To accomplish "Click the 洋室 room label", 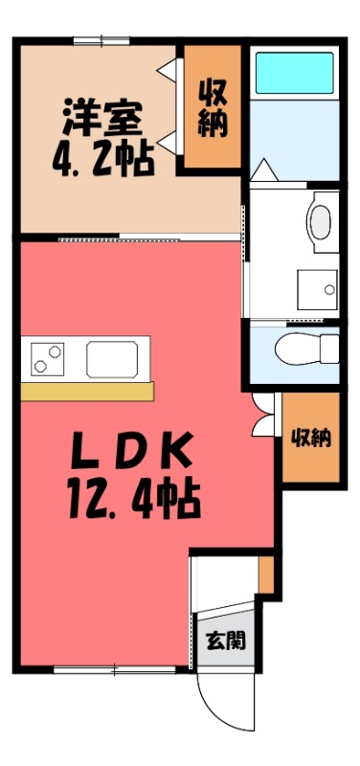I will point(103,117).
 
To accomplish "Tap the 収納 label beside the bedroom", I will point(212,106).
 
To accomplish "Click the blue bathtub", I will point(295,71).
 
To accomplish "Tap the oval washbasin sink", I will point(320,218).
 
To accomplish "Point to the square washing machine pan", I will point(315,285).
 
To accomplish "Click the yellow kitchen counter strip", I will point(87,391).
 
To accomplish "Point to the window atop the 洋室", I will point(101,40).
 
